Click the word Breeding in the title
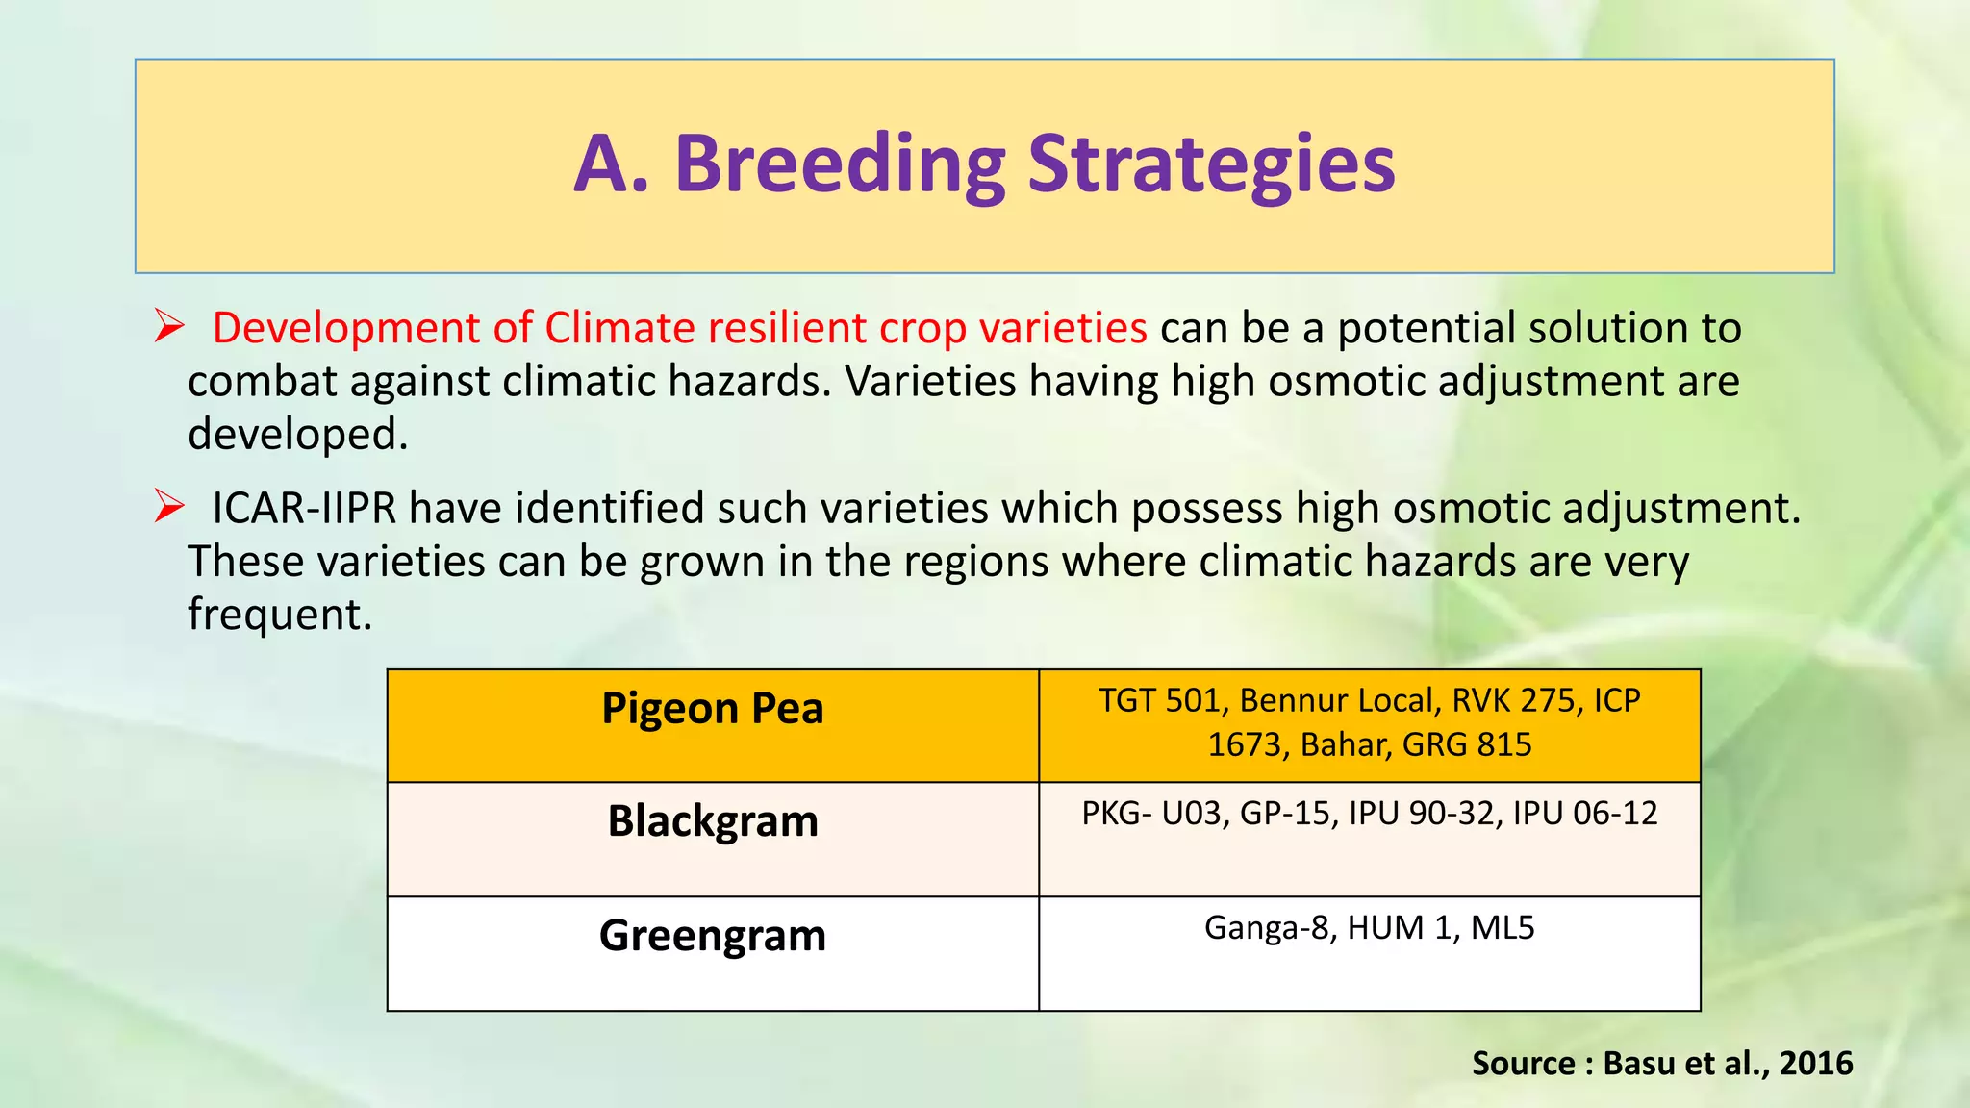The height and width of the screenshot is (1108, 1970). click(x=839, y=164)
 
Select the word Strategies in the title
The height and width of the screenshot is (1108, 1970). click(x=1211, y=164)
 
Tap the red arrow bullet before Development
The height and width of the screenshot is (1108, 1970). click(x=169, y=327)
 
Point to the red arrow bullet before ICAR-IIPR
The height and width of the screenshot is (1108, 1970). click(x=169, y=507)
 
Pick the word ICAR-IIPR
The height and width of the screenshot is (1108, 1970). click(x=304, y=508)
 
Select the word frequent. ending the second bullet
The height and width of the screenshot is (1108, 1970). click(x=280, y=614)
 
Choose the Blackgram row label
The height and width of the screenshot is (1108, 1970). click(x=713, y=821)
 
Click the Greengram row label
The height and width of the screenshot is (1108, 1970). click(x=713, y=935)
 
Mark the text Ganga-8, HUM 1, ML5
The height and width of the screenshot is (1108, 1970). click(x=1369, y=928)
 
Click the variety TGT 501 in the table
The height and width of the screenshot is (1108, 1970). click(x=1159, y=700)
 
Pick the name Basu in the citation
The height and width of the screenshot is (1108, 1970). click(x=1639, y=1063)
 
